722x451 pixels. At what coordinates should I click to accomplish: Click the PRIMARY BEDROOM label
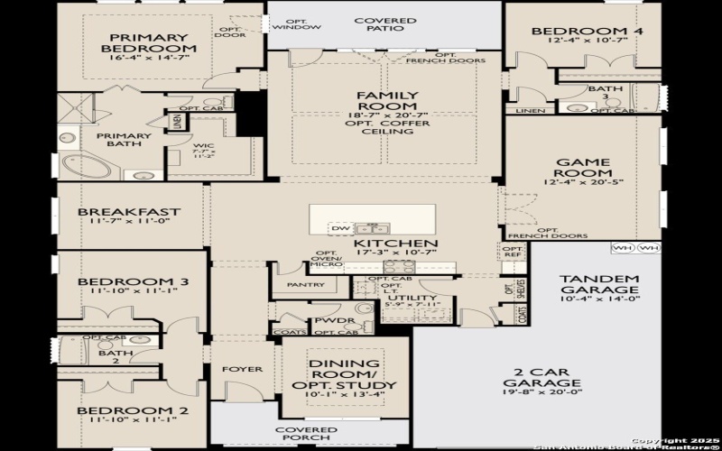tap(149, 41)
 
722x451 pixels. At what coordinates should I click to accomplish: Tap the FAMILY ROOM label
tap(387, 101)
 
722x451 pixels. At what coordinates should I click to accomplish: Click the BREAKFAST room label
tap(129, 213)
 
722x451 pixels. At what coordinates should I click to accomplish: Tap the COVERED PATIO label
tap(384, 26)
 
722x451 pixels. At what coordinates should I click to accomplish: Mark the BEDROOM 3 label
tap(132, 282)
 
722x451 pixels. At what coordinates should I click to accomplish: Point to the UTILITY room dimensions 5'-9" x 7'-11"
tap(412, 307)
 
